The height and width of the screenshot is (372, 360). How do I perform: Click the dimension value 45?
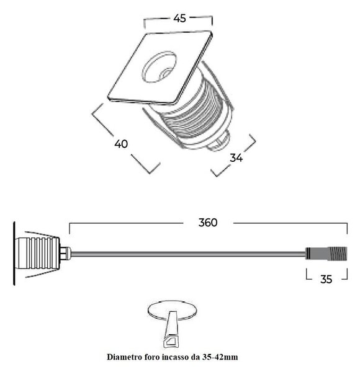179,18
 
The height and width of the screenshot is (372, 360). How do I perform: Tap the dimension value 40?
121,144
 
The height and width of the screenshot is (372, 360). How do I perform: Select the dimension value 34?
236,157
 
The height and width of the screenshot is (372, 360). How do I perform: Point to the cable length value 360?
208,223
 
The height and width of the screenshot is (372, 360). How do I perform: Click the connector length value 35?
326,279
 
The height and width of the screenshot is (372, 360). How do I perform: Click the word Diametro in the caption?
122,357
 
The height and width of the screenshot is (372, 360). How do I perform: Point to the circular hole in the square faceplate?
160,67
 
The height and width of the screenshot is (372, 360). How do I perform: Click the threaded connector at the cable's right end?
326,254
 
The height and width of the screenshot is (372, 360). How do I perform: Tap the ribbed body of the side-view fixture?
37,253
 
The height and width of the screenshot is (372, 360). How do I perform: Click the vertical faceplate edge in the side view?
14,254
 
